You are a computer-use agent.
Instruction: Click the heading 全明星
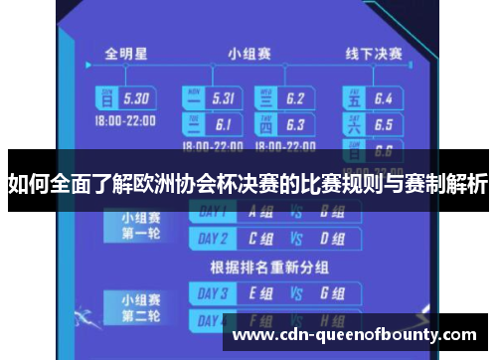[x=128, y=52]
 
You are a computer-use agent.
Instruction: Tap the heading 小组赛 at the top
[x=248, y=52]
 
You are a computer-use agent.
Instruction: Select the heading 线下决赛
[x=373, y=52]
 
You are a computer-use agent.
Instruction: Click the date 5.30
[x=135, y=98]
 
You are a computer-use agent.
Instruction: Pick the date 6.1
[x=223, y=125]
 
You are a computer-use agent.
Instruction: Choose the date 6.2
[x=295, y=98]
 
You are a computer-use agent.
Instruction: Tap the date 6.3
[x=295, y=125]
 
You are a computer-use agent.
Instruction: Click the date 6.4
[x=384, y=98]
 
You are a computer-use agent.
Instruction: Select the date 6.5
[x=384, y=125]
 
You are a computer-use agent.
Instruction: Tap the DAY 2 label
[x=213, y=238]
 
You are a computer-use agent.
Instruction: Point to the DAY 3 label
[x=213, y=293]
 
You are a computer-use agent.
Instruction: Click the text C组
[x=262, y=238]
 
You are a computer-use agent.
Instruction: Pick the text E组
[x=262, y=293]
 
